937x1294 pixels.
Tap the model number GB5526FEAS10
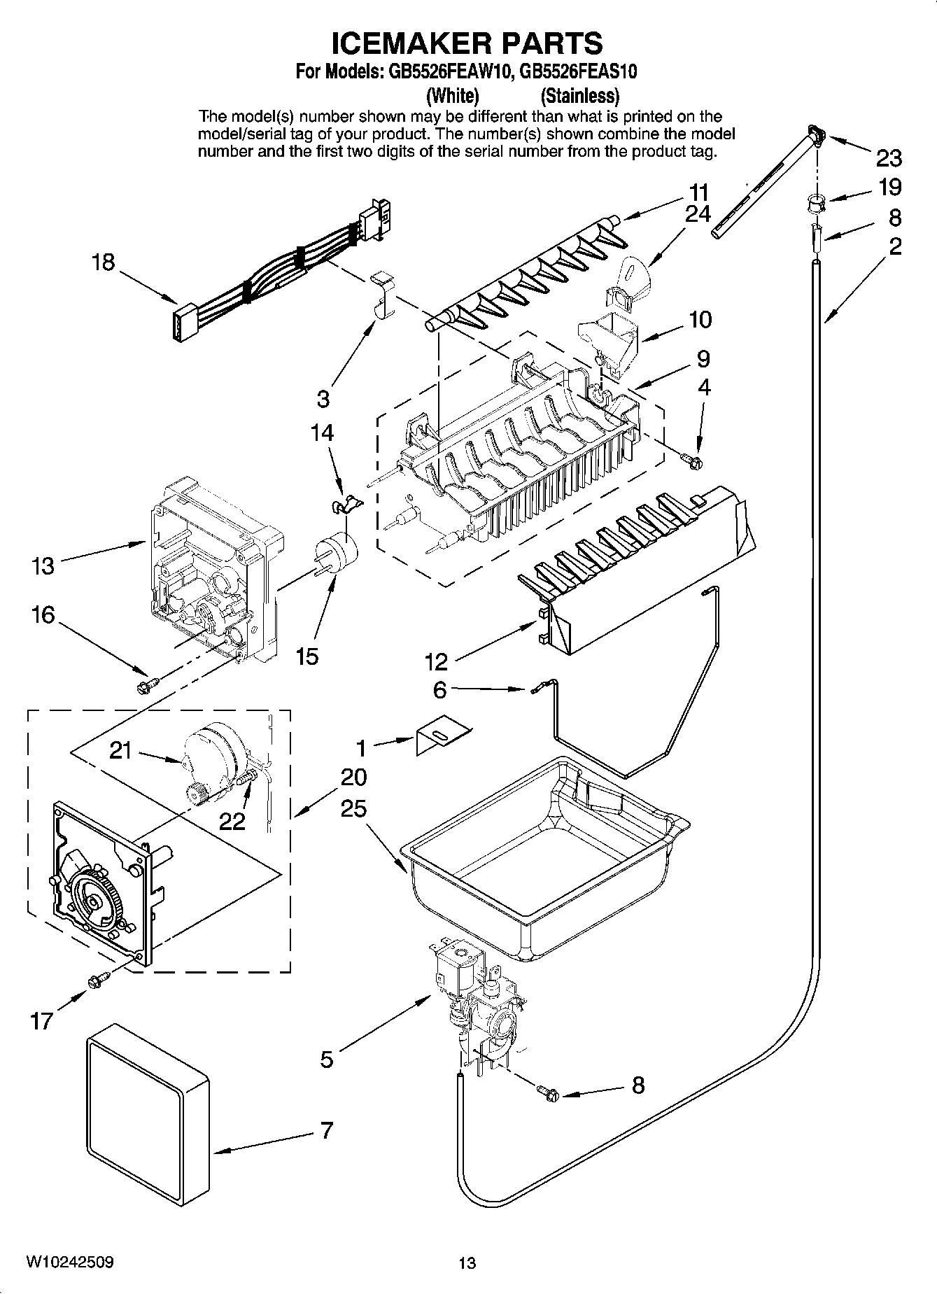coord(579,72)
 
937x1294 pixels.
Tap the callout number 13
coord(43,565)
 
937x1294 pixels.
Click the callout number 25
coord(353,809)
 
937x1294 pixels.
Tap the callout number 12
coord(436,661)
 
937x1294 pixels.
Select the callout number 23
coord(889,158)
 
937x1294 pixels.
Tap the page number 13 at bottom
coord(467,1263)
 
